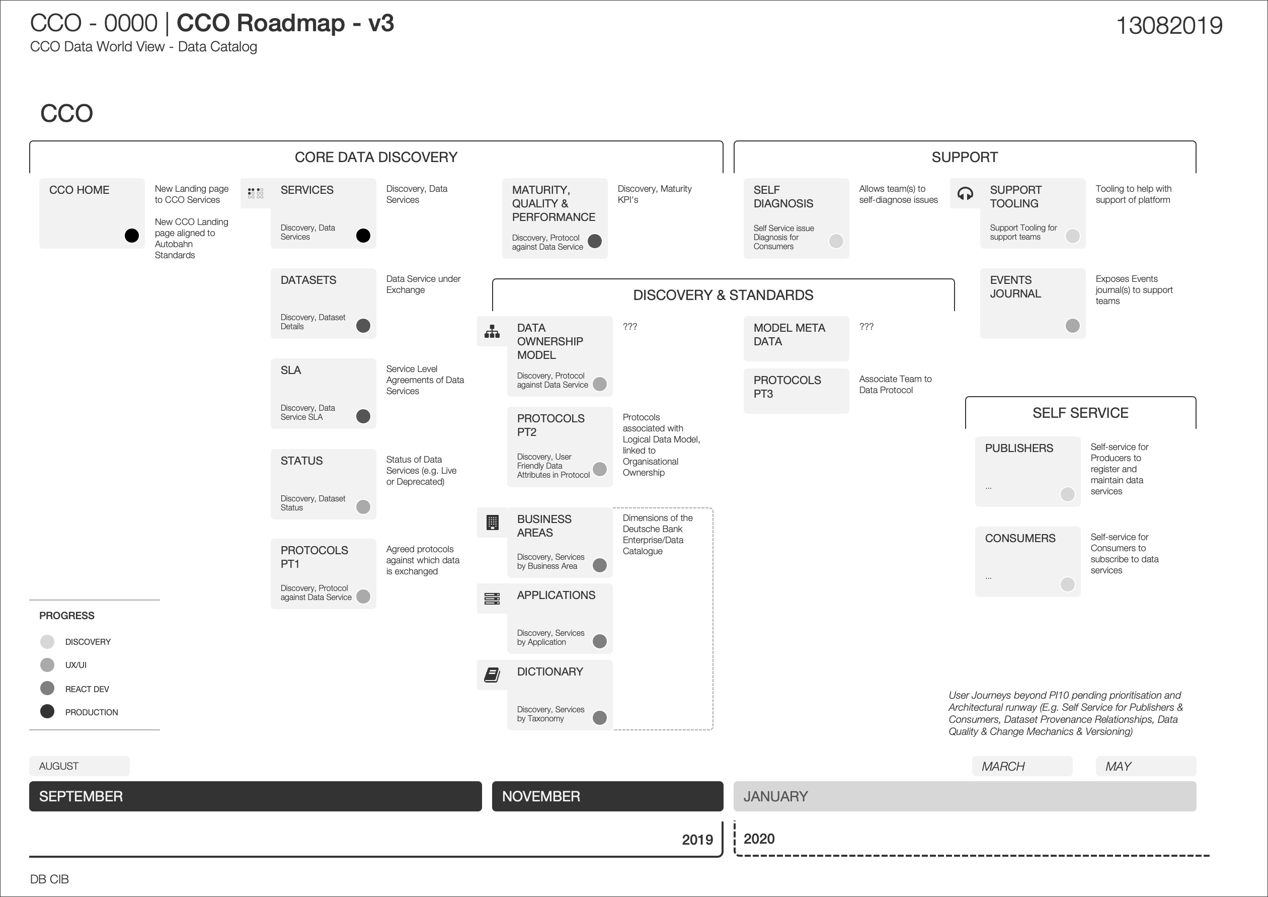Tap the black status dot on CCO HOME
131,236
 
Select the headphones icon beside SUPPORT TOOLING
965,193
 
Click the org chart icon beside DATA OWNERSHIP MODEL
492,331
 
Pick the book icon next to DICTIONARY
492,675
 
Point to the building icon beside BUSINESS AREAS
492,522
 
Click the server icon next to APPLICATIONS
492,599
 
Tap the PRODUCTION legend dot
47,711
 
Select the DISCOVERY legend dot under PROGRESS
47,641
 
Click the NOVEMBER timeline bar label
541,796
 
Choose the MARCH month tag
1003,767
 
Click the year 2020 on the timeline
759,839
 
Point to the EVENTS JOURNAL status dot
1072,326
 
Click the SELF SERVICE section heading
1080,413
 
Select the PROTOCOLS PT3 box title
786,387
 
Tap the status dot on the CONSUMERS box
1067,584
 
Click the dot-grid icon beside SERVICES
255,193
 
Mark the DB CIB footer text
50,879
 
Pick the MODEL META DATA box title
788,335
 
